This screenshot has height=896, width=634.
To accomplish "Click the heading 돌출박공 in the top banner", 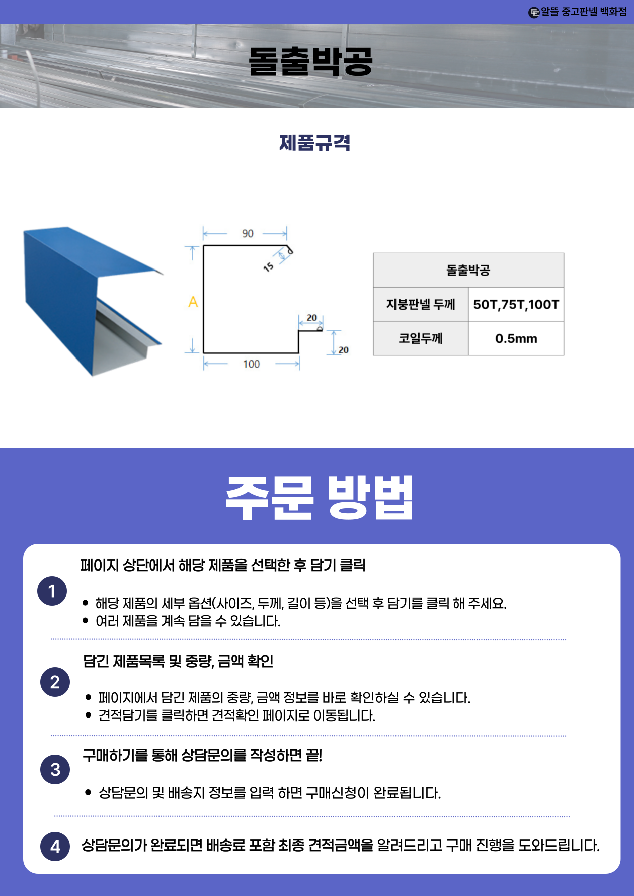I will coord(310,62).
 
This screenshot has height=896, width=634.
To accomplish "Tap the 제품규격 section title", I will coord(315,143).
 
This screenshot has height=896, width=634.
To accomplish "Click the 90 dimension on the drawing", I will coord(248,234).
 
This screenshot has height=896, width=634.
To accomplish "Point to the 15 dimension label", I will coord(268,267).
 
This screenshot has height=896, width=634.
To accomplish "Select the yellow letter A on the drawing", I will coord(193,302).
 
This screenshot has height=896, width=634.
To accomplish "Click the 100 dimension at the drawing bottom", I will coord(251,364).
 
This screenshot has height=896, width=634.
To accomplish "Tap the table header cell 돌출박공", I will coord(468,271).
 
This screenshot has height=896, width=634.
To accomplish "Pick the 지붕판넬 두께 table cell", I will coord(421,304).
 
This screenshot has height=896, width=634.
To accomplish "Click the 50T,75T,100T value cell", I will coord(516,304).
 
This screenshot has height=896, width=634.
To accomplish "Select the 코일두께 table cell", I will coord(421,338).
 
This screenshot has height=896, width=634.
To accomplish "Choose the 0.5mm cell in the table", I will coord(516,338).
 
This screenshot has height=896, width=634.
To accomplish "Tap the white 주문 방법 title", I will coord(319,497).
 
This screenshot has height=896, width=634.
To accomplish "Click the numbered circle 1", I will coord(52,591).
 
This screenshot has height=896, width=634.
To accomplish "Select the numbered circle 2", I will coord(55,682).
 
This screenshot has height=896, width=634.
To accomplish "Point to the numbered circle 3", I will coord(55,769).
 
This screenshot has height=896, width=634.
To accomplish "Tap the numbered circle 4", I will coord(55,847).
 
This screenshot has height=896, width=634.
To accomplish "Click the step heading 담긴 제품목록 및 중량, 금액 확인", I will coord(178,661).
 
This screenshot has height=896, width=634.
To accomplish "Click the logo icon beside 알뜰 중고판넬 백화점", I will coord(534,12).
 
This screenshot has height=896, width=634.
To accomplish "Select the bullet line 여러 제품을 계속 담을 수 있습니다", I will coord(188,621).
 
